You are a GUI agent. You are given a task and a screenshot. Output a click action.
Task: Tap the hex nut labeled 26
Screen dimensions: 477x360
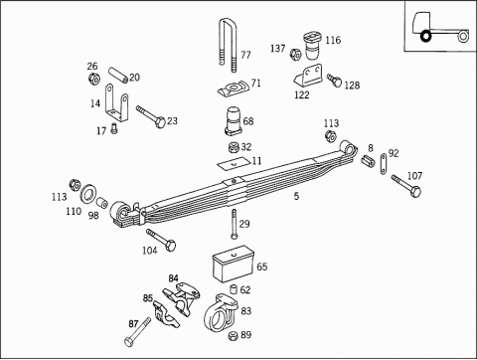pos(94,80)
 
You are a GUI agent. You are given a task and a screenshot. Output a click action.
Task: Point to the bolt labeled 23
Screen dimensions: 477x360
pos(151,115)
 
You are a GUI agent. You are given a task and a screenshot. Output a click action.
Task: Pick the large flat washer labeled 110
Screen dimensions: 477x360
pos(88,194)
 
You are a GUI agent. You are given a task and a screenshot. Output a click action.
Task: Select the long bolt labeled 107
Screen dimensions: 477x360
pos(406,186)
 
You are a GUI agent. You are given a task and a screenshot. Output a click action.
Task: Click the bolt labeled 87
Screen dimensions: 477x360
pos(137,332)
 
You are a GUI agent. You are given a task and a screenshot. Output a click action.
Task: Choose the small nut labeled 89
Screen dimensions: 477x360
pos(234,335)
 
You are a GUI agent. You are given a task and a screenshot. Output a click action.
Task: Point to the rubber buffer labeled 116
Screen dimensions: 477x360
pos(312,46)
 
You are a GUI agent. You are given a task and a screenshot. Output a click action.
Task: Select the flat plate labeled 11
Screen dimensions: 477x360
pos(233,163)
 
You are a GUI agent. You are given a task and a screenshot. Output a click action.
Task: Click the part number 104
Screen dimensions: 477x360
pos(149,251)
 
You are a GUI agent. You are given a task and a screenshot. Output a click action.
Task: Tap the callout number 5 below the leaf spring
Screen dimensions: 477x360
pos(296,196)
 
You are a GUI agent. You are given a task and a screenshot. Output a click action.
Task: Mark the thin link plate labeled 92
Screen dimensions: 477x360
pos(384,164)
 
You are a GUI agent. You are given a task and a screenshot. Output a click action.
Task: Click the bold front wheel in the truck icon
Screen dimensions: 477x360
pos(425,36)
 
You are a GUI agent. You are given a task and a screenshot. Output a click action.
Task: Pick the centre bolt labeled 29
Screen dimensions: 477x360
pos(235,224)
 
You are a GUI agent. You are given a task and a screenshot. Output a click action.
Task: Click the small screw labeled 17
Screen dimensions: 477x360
pos(114,128)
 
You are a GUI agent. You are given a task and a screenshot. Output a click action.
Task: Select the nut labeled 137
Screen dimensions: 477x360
pos(295,55)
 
